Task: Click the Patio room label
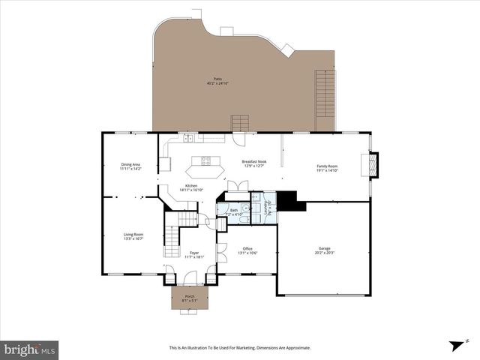tap(217, 80)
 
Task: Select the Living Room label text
tap(133, 236)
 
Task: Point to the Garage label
tap(325, 250)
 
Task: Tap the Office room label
tap(247, 250)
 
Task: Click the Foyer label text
tap(193, 254)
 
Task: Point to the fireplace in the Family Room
tap(373, 165)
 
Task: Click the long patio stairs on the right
tap(325, 94)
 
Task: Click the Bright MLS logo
tap(30, 349)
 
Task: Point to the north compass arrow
tap(454, 345)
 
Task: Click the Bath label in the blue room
tap(234, 212)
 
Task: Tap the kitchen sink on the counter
tap(188, 138)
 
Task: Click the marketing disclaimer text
tap(240, 348)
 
